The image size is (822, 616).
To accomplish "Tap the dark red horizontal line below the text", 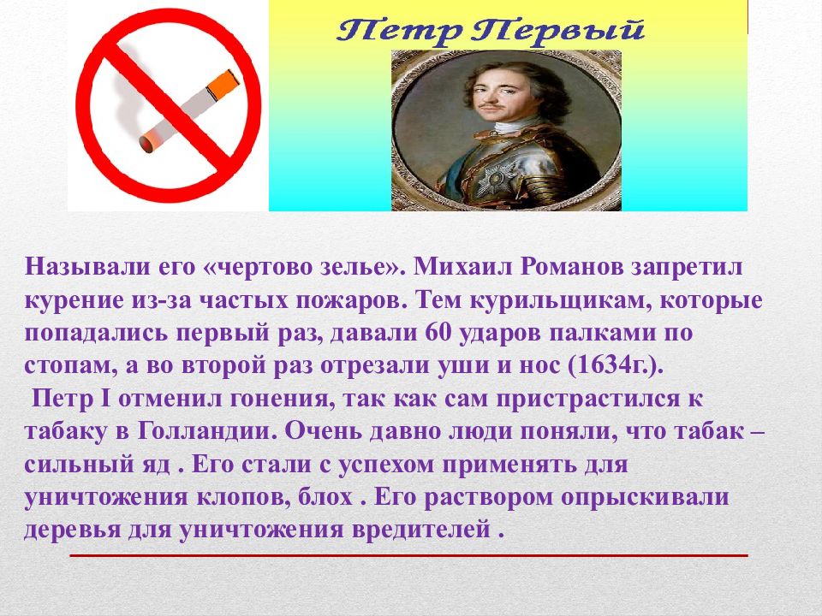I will pyautogui.click(x=408, y=555).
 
